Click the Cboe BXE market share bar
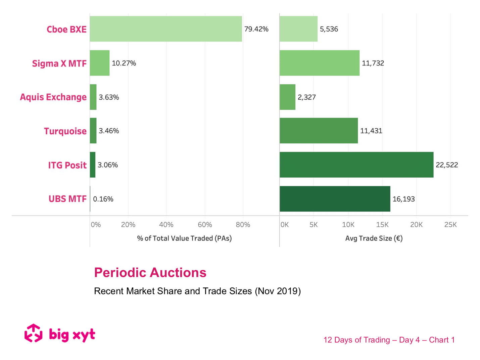(166, 29)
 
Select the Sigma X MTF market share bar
(100, 63)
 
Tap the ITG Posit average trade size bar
(356, 165)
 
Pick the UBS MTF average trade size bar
(335, 199)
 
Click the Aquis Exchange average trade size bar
(288, 97)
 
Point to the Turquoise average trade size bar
(319, 131)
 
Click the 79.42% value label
(256, 29)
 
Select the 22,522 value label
(447, 165)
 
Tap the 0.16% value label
(103, 199)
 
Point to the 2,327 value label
(307, 97)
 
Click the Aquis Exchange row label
(53, 97)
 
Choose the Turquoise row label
(65, 131)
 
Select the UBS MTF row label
(67, 199)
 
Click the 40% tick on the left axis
(166, 225)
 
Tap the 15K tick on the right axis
(382, 225)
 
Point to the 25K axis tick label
(450, 225)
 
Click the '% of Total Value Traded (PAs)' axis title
(184, 238)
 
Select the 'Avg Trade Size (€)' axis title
(374, 238)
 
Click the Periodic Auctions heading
(150, 273)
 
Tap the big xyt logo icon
(33, 333)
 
